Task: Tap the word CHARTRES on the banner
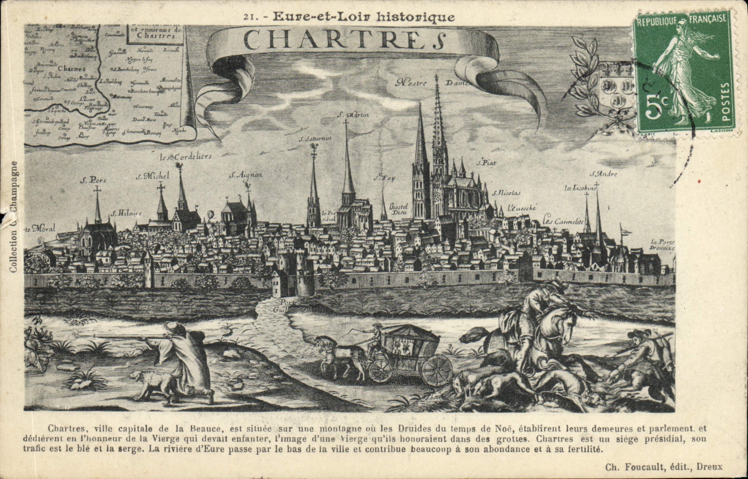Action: coord(342,39)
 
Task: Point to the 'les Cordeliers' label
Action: coord(186,157)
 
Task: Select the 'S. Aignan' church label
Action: coord(246,175)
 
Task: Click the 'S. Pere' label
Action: coord(93,180)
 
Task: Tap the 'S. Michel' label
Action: coord(152,175)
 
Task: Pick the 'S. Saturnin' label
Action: coord(315,138)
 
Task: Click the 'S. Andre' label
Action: coord(604,174)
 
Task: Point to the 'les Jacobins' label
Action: coord(579,188)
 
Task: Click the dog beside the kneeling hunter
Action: coord(152,385)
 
